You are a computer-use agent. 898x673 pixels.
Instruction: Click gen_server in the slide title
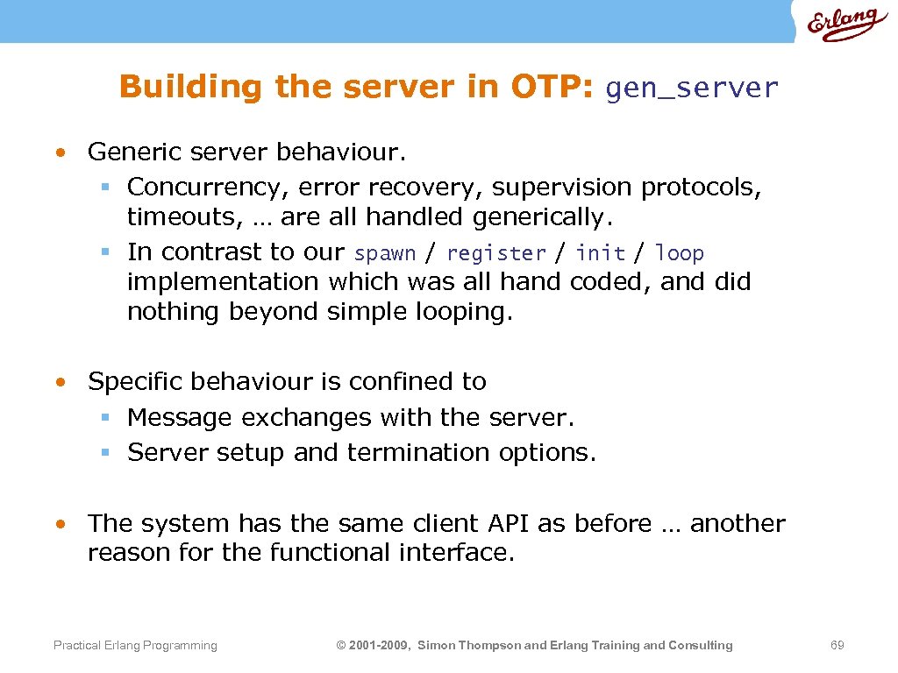tap(691, 88)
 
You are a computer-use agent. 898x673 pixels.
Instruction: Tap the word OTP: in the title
tap(550, 87)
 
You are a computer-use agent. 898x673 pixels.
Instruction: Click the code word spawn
tap(385, 253)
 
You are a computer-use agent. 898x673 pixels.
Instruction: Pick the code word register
tap(495, 253)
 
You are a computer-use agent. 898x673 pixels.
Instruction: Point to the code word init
tap(600, 253)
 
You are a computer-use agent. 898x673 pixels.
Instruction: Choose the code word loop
tap(679, 253)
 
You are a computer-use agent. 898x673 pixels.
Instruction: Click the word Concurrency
tap(208, 188)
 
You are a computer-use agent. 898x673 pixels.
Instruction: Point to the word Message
tap(179, 417)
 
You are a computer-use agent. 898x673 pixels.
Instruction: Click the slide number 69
tap(837, 645)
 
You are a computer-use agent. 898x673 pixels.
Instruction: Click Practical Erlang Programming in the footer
tap(135, 645)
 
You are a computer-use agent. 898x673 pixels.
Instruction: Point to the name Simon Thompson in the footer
tap(468, 645)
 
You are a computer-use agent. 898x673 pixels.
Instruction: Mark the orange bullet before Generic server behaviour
tap(59, 152)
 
